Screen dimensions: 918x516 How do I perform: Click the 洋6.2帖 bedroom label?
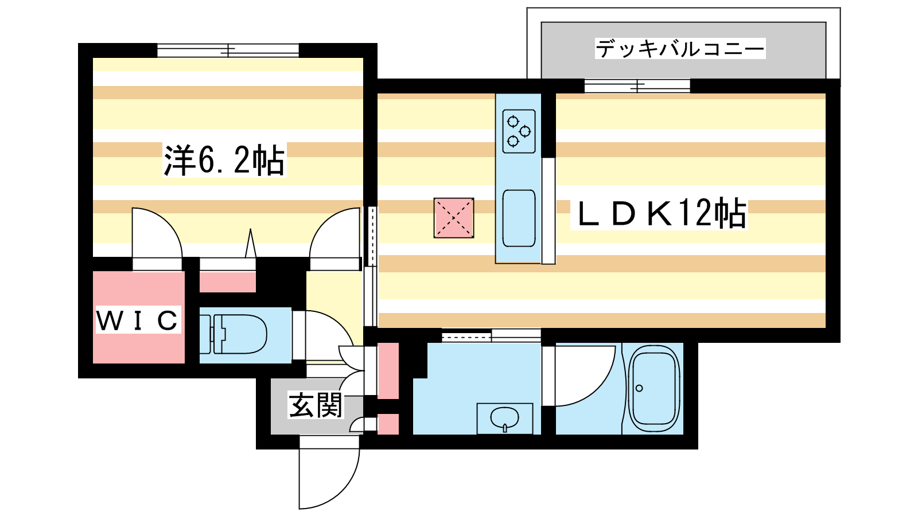pos(224,160)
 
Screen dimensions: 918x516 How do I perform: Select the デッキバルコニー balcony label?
pos(680,49)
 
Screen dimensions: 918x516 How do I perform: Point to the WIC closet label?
pos(138,320)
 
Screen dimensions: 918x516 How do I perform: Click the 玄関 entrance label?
pos(316,405)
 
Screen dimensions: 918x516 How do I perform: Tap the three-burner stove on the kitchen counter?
pos(519,131)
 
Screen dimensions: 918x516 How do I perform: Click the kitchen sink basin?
pos(519,218)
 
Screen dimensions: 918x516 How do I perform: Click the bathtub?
pos(654,389)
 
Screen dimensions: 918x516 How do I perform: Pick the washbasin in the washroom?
pos(504,418)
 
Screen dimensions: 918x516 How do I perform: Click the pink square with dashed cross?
pos(454,218)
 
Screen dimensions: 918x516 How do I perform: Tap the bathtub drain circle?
pos(639,388)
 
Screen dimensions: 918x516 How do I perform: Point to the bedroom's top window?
pos(228,50)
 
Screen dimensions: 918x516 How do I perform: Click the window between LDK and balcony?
pos(637,86)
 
